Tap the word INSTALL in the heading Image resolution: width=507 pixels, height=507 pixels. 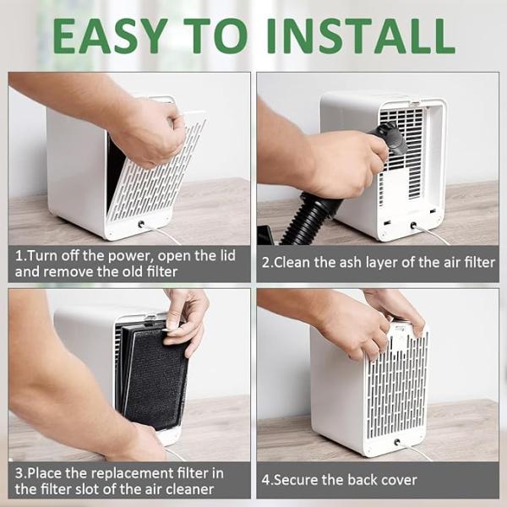point(361,36)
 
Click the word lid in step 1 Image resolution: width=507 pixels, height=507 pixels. point(227,255)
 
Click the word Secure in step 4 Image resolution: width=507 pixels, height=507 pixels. point(293,480)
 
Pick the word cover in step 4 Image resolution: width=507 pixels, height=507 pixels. point(400,480)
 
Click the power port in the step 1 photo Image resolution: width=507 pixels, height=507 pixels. point(141,224)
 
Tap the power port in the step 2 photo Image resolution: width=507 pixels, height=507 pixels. point(413,226)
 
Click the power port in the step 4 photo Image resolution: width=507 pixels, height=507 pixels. point(397,442)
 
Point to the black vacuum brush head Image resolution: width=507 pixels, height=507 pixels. point(391,138)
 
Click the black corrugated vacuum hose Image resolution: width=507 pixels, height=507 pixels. point(310,216)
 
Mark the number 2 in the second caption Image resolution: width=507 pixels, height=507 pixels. point(266,263)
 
